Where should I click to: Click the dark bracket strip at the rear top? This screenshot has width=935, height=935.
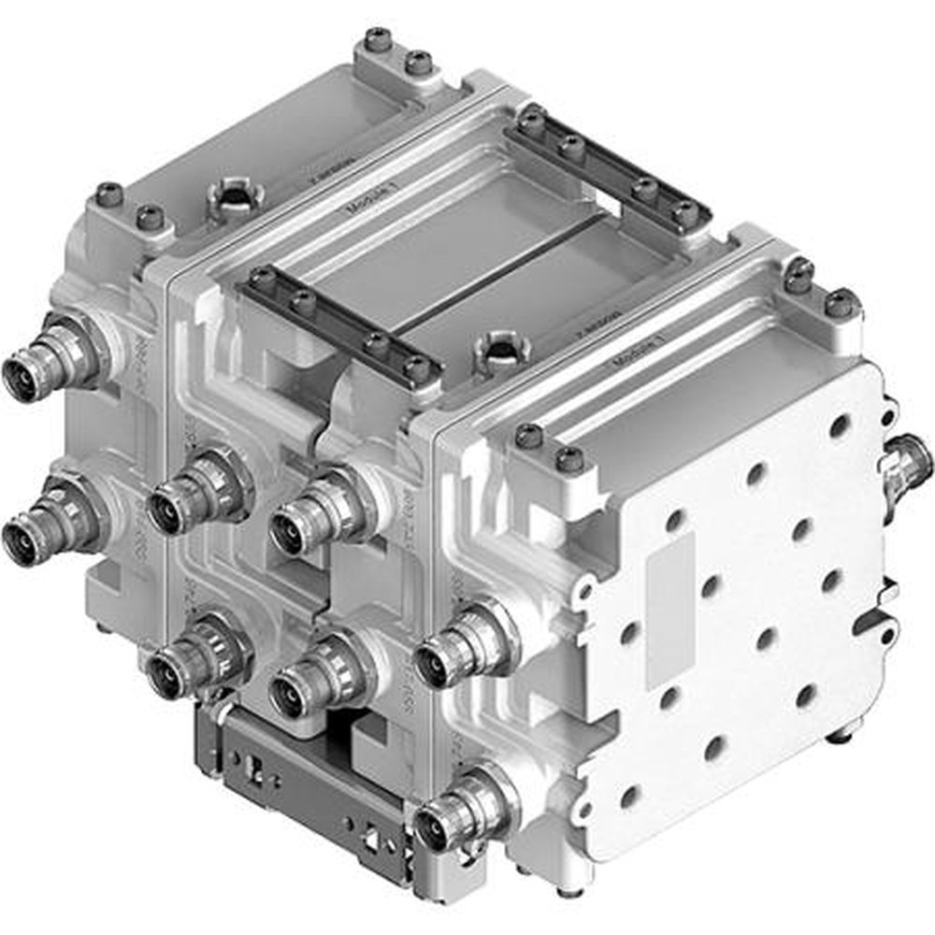[x=607, y=167]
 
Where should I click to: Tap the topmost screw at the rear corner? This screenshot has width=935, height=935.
[x=378, y=39]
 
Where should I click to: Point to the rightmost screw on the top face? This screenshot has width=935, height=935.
[x=841, y=301]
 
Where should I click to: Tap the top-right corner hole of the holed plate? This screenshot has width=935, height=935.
[x=840, y=425]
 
